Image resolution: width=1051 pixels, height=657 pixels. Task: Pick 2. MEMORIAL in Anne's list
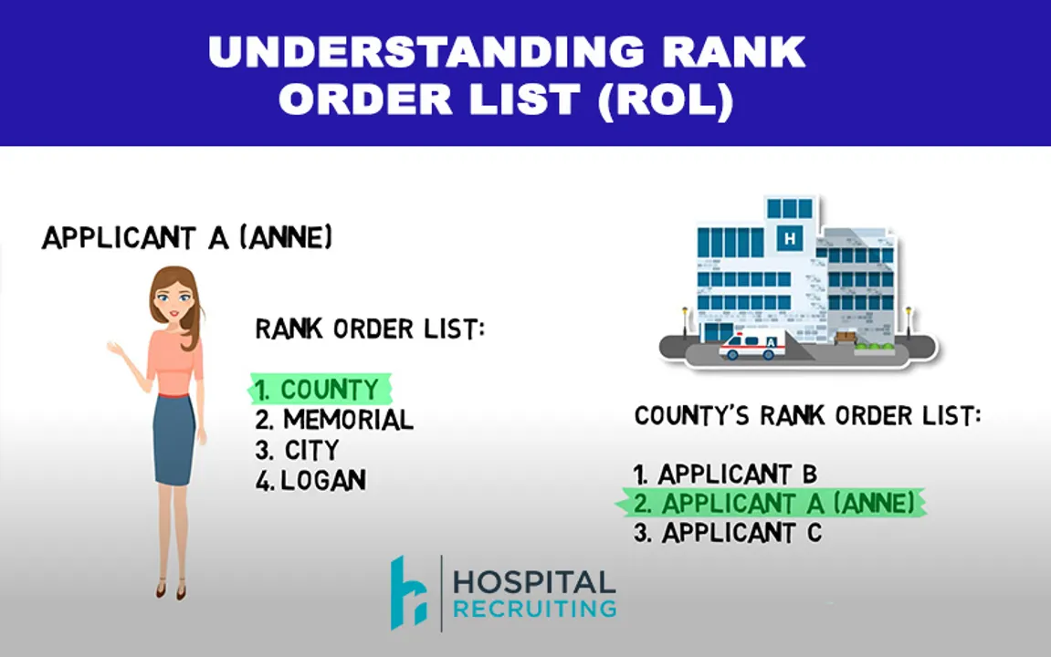click(334, 420)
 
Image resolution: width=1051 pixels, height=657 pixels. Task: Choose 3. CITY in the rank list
click(298, 450)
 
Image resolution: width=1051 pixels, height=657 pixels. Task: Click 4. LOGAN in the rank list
click(311, 480)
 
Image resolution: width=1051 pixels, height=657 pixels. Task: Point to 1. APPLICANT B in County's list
click(725, 474)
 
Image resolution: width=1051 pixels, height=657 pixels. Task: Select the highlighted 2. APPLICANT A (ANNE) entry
click(772, 503)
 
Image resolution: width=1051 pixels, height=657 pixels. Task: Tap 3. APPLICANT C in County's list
click(728, 533)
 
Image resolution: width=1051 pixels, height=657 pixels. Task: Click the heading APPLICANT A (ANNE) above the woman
click(187, 238)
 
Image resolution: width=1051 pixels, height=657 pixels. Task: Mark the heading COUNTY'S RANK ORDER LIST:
click(807, 416)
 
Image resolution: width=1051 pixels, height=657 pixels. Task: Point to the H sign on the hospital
click(787, 239)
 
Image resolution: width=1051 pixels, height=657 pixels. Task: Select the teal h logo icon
click(409, 592)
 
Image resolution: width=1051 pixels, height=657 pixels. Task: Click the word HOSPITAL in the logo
click(534, 582)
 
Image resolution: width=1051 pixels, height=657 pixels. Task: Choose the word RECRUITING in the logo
click(534, 609)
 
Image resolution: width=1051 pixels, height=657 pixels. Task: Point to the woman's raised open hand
click(114, 348)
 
